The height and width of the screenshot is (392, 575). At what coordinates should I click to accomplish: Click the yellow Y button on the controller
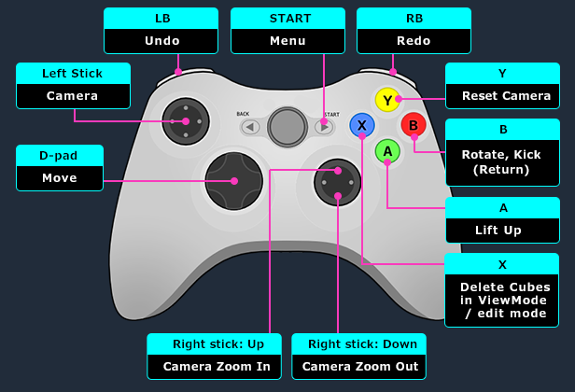tap(386, 99)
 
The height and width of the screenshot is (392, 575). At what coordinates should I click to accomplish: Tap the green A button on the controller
tap(387, 150)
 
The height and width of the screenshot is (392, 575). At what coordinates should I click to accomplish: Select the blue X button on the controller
tap(361, 125)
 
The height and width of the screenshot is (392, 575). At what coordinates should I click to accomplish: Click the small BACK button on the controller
tap(249, 127)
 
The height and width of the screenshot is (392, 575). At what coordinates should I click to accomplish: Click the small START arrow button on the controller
tap(324, 127)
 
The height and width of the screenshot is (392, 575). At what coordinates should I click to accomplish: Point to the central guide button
tap(287, 125)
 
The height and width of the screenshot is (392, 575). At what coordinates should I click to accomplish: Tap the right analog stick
tap(338, 181)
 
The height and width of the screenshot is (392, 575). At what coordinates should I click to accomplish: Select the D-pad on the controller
tap(232, 180)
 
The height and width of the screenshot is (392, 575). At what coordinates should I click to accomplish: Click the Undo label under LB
tap(161, 41)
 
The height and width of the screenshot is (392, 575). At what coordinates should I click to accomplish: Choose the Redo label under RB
tap(414, 41)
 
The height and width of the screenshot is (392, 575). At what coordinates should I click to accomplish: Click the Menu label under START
tap(287, 41)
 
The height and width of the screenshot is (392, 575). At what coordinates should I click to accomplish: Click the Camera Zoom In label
tap(212, 366)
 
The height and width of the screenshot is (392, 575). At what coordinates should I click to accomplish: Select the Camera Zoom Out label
tap(359, 366)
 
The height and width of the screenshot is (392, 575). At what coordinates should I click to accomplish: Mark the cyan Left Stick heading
tap(73, 73)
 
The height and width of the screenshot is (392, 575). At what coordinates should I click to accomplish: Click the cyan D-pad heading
tap(60, 155)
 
